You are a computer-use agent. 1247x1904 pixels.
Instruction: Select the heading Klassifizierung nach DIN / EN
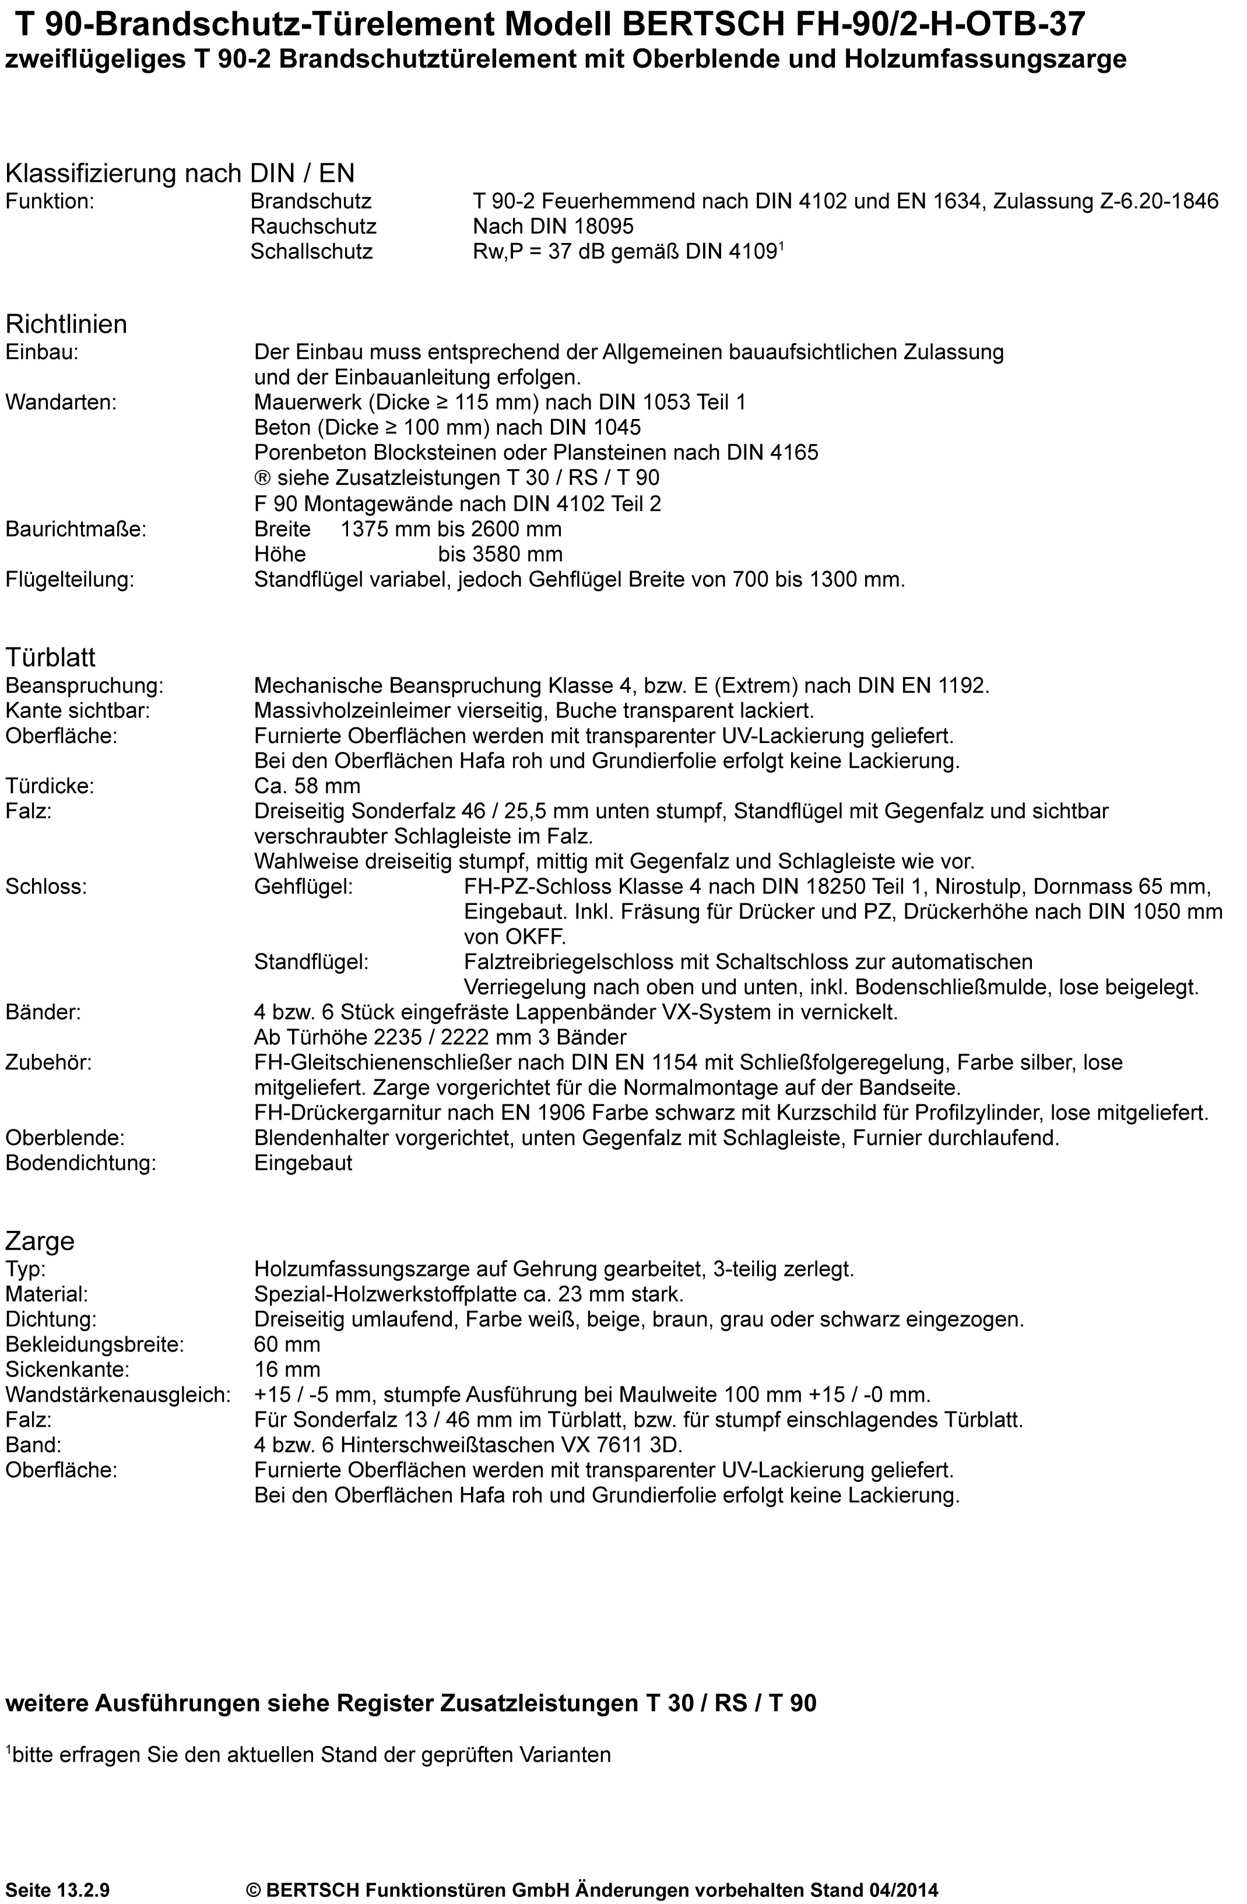tap(180, 173)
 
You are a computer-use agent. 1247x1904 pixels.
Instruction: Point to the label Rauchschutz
tap(313, 226)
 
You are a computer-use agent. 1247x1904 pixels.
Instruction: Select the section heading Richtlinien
tap(66, 324)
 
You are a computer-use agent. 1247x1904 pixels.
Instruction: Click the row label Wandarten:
tap(61, 402)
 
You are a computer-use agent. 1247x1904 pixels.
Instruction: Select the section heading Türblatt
tap(50, 657)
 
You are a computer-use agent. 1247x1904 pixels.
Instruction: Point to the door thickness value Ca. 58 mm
tap(307, 786)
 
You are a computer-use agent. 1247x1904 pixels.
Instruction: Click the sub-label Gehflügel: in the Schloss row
tap(303, 887)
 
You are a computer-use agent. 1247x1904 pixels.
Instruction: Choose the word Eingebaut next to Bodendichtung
tap(303, 1163)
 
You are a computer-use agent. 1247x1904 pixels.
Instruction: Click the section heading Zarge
tap(40, 1241)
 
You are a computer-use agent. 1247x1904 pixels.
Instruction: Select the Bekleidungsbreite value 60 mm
tap(287, 1345)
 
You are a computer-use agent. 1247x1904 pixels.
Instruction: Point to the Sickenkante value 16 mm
tap(287, 1370)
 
